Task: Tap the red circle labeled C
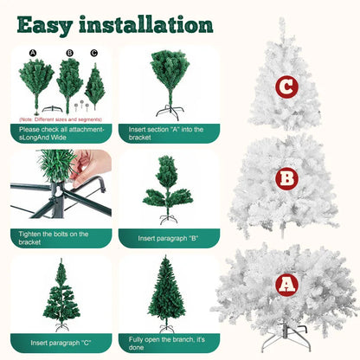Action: point(286,87)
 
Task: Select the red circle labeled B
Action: point(286,179)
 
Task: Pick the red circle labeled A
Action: point(286,285)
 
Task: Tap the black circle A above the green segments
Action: point(33,54)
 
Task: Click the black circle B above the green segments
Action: point(68,54)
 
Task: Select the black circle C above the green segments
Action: point(93,54)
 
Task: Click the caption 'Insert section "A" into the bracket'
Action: point(168,132)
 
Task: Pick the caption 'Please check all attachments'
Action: point(60,132)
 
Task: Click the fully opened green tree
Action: point(167,294)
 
